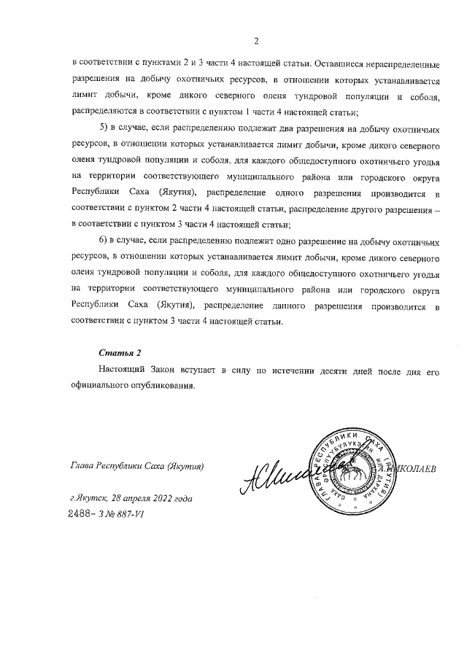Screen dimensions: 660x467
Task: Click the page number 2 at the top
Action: [256, 41]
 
